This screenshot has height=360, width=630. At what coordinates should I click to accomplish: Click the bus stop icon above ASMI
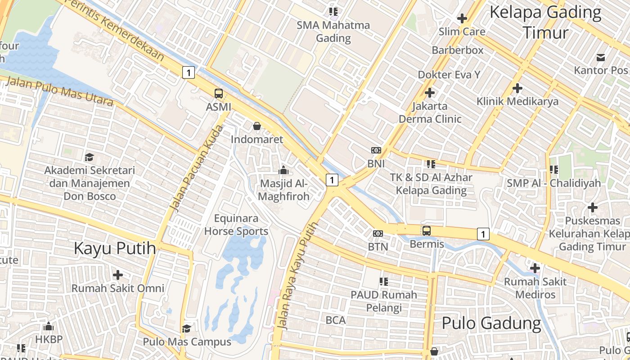[219, 94]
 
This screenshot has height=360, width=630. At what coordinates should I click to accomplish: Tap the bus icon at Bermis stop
[427, 231]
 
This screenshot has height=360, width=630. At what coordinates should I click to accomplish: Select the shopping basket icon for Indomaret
[257, 126]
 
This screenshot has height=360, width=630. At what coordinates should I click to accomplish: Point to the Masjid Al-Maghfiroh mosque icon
[283, 170]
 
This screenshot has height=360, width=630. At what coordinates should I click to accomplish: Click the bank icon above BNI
[376, 150]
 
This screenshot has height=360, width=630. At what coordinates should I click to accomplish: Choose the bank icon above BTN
[378, 233]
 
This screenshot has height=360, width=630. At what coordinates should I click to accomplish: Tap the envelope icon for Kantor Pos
[601, 57]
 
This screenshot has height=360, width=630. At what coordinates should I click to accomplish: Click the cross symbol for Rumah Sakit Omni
[118, 274]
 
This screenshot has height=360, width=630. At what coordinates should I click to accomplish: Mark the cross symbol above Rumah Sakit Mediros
[535, 268]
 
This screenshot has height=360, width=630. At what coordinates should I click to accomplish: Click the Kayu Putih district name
[115, 248]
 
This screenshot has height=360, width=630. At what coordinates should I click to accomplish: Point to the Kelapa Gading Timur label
[545, 22]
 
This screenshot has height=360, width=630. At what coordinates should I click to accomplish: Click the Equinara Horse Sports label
[236, 225]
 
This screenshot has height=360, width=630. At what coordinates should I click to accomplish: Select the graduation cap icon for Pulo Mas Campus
[187, 328]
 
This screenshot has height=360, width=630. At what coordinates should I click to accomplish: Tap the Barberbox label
[458, 50]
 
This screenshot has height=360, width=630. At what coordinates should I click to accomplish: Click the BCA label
[336, 320]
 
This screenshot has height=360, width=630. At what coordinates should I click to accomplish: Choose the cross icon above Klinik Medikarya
[517, 88]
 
